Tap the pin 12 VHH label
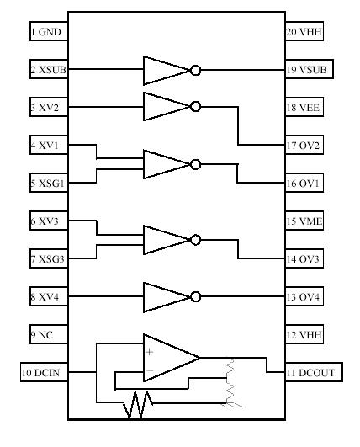tap(304, 334)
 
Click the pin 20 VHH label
tap(304, 33)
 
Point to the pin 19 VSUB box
tap(304, 71)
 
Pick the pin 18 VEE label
tap(304, 108)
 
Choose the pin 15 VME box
tap(304, 221)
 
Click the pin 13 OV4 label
tap(304, 296)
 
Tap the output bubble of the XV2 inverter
tap(195, 107)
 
